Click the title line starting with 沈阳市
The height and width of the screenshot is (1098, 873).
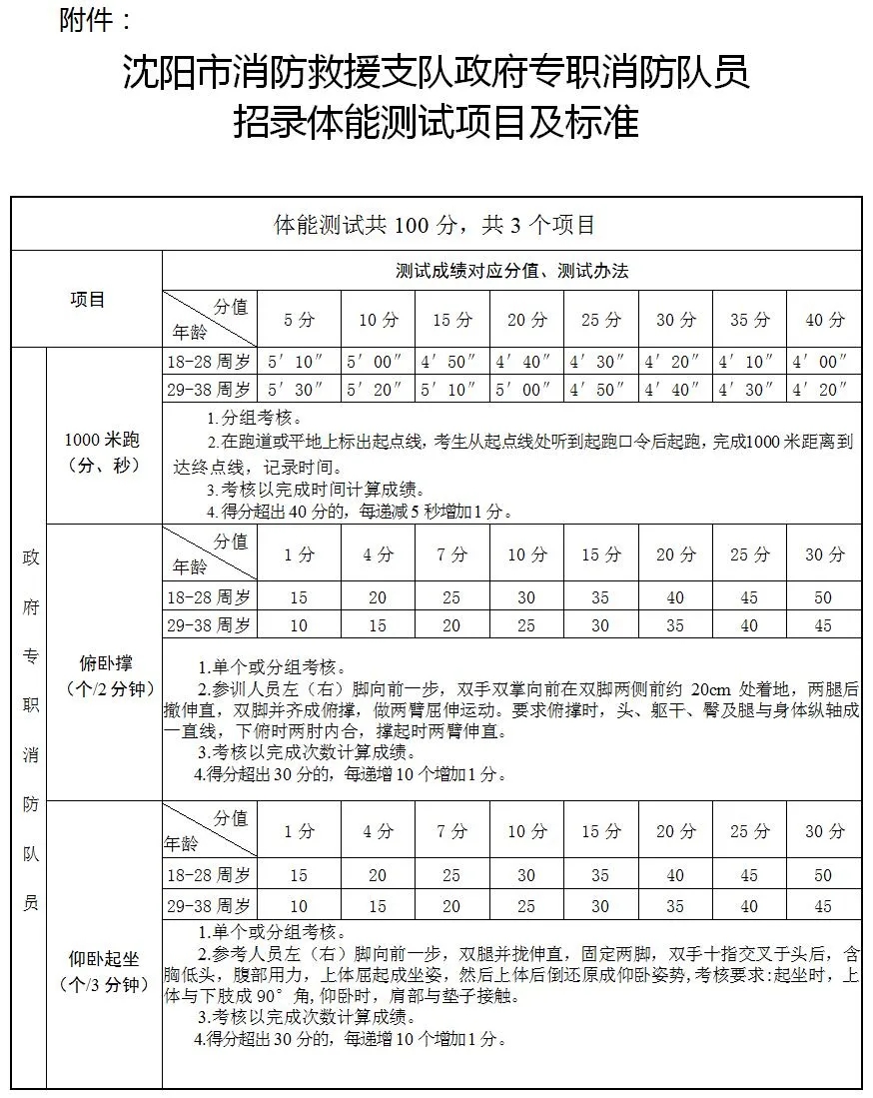pyautogui.click(x=436, y=72)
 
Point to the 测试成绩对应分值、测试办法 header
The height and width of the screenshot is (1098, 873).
pyautogui.click(x=511, y=271)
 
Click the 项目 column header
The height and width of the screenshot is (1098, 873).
pyautogui.click(x=87, y=299)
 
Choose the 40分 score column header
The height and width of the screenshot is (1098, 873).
pyautogui.click(x=824, y=320)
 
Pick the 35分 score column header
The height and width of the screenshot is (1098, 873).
pyautogui.click(x=750, y=320)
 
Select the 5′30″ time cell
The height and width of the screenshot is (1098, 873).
pyautogui.click(x=299, y=389)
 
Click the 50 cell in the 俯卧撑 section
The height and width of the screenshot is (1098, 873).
pyautogui.click(x=823, y=597)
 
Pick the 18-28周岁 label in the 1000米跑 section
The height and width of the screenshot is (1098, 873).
pyautogui.click(x=210, y=362)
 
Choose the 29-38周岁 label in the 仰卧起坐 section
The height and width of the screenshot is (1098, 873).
pyautogui.click(x=210, y=906)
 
